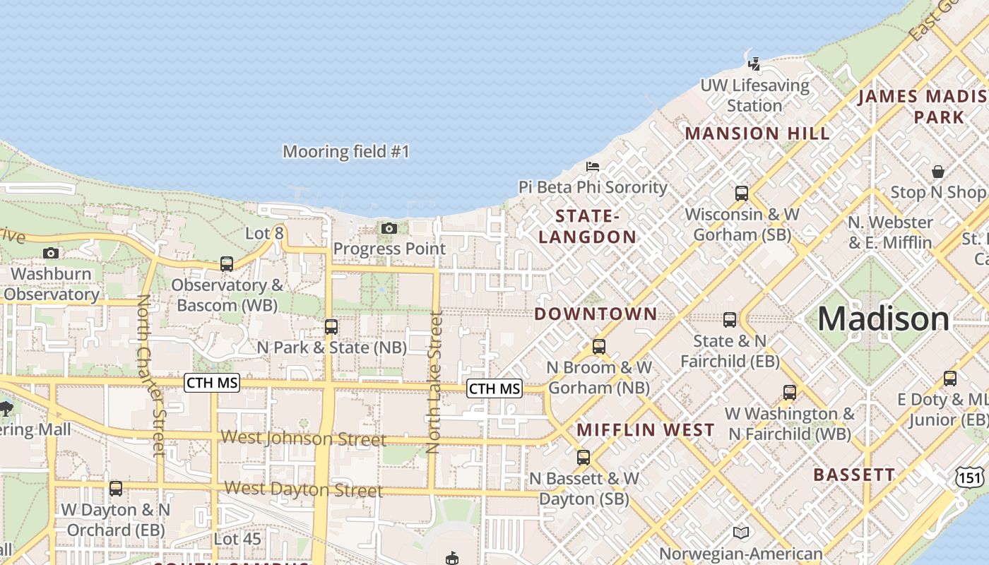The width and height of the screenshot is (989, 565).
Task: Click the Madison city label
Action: tap(884, 319)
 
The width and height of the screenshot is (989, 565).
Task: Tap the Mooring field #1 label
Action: tap(346, 152)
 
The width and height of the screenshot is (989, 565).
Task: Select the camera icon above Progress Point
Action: tap(389, 228)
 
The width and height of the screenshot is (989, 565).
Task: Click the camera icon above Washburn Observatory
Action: tap(50, 253)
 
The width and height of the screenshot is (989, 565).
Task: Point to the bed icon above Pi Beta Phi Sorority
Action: tap(593, 167)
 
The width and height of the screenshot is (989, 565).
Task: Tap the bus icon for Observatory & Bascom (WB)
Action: tap(227, 264)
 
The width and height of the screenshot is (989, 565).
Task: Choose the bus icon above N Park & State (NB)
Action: tap(331, 327)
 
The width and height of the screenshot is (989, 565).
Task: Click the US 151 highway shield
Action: tap(970, 477)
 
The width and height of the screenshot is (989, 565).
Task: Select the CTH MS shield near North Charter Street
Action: tap(212, 383)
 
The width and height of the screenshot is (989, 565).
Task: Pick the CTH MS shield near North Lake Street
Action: tap(494, 388)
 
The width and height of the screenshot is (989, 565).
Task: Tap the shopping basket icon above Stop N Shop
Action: tap(938, 172)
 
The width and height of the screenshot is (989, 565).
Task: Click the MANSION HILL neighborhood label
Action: tap(757, 133)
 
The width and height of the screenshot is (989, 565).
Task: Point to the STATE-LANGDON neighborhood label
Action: tap(587, 226)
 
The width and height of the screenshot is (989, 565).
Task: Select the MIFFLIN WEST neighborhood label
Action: tap(646, 430)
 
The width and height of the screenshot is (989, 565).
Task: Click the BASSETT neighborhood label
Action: tap(853, 475)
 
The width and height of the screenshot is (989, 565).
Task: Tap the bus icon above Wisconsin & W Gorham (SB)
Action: tap(741, 193)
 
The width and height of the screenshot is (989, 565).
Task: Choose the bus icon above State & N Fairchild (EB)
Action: tap(730, 320)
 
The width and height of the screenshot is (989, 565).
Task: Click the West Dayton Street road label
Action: tap(304, 489)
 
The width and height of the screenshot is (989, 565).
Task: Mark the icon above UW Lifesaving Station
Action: tap(754, 64)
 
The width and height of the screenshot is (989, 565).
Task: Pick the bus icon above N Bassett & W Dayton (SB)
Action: tap(583, 458)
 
